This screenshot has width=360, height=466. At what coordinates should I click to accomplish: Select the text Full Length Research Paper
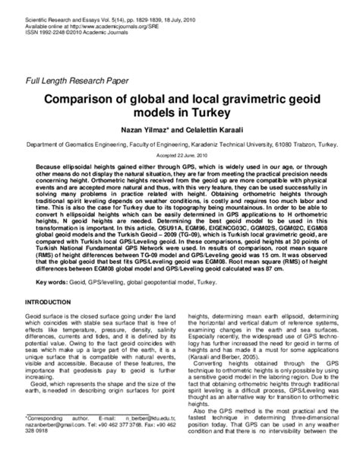(x=77, y=81)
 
